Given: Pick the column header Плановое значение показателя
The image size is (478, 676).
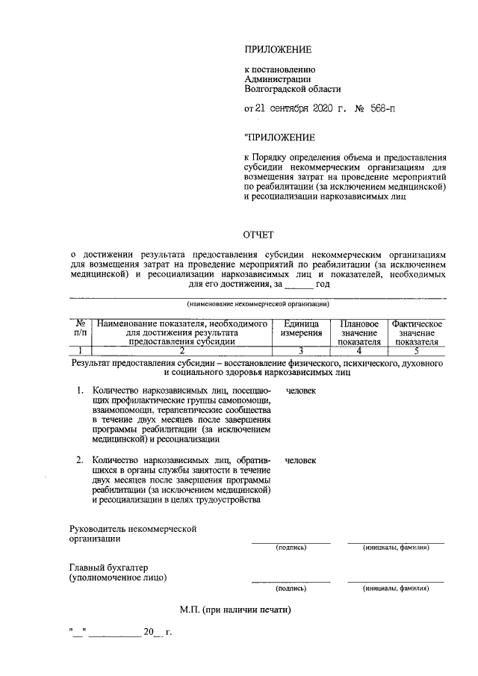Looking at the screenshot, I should coord(359,333).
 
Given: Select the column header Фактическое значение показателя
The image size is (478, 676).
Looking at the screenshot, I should coord(417,333).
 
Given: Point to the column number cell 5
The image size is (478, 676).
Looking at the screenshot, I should coord(417,350).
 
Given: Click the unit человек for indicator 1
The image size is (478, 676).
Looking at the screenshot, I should coord(301,390).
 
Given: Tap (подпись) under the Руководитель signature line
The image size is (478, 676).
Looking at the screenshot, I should coord(291,548).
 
